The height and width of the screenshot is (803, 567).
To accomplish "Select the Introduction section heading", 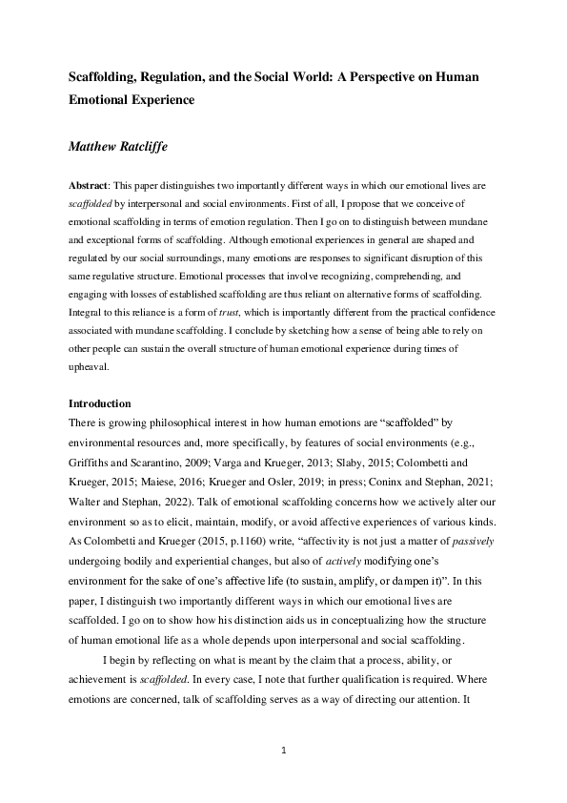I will tap(100, 403).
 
